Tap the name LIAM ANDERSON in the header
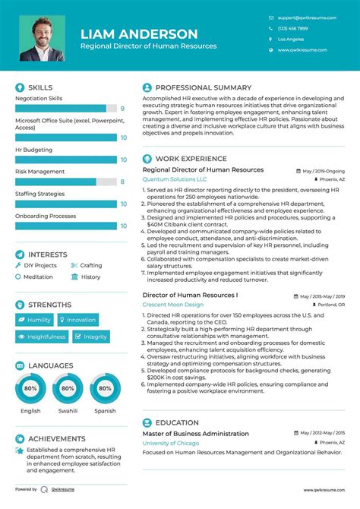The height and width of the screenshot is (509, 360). pyautogui.click(x=139, y=33)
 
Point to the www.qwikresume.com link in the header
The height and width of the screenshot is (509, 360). pyautogui.click(x=302, y=50)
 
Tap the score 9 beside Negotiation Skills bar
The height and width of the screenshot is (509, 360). pyautogui.click(x=122, y=109)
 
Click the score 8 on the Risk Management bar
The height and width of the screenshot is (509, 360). pyautogui.click(x=122, y=182)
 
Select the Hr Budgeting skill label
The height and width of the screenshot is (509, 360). pyautogui.click(x=33, y=150)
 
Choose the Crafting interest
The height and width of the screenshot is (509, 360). pyautogui.click(x=90, y=265)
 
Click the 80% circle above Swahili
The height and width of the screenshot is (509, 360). pyautogui.click(x=68, y=388)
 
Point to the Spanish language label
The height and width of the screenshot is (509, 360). pyautogui.click(x=105, y=411)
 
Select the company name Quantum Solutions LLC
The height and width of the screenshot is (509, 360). pyautogui.click(x=174, y=179)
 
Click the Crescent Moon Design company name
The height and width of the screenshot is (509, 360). pyautogui.click(x=172, y=304)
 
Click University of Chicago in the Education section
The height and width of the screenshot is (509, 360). pyautogui.click(x=172, y=443)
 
